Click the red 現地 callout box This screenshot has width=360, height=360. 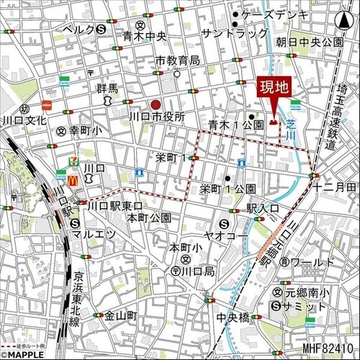click(274, 90)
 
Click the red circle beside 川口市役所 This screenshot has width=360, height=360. click(156, 103)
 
